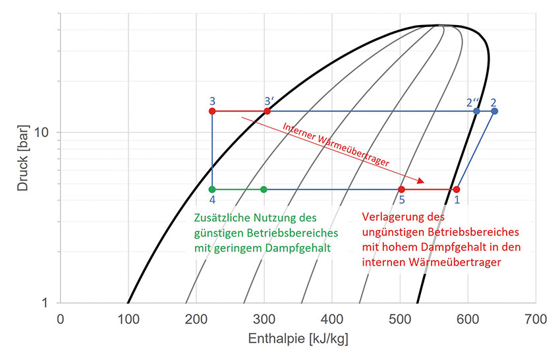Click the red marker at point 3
pyautogui.click(x=212, y=111)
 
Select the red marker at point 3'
pyautogui.click(x=267, y=111)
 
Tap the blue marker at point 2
pyautogui.click(x=494, y=111)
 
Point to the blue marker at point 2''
pyautogui.click(x=476, y=111)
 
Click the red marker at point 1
pyautogui.click(x=457, y=189)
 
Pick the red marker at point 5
pyautogui.click(x=401, y=189)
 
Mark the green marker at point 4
pyautogui.click(x=212, y=189)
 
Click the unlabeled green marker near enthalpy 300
pyautogui.click(x=264, y=189)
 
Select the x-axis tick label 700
pyautogui.click(x=535, y=319)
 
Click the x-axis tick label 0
pyautogui.click(x=61, y=319)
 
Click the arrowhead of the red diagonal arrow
pyautogui.click(x=422, y=181)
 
